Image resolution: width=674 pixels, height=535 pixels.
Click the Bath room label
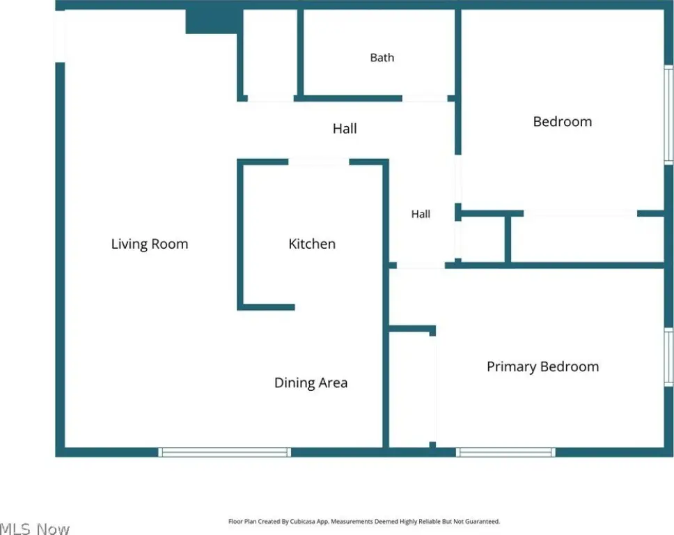click(382, 58)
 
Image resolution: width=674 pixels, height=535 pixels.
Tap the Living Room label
click(150, 244)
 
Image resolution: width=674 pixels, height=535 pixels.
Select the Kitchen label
click(312, 244)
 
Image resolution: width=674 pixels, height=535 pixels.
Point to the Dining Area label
click(311, 382)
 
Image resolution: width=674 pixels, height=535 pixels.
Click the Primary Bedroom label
click(543, 367)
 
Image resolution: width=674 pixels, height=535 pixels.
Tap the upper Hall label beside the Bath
click(345, 129)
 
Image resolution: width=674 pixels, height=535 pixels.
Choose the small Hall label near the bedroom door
click(421, 214)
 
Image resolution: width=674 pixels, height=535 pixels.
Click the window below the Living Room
click(224, 452)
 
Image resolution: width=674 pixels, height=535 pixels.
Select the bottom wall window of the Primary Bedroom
click(505, 452)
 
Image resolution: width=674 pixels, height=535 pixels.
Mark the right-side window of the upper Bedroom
click(669, 115)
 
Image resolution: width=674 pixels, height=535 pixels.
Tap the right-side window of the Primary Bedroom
click(669, 357)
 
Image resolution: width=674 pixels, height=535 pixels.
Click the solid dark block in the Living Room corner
click(212, 22)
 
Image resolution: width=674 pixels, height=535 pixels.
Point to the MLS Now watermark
click(34, 529)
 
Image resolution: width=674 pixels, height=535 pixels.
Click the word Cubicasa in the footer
click(303, 522)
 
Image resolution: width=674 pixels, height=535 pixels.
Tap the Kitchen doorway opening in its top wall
click(318, 162)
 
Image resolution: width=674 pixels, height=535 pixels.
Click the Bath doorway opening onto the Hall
click(425, 98)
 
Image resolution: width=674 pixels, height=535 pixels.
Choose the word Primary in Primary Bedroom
click(512, 367)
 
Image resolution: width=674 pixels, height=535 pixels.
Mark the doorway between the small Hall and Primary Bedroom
click(421, 266)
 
